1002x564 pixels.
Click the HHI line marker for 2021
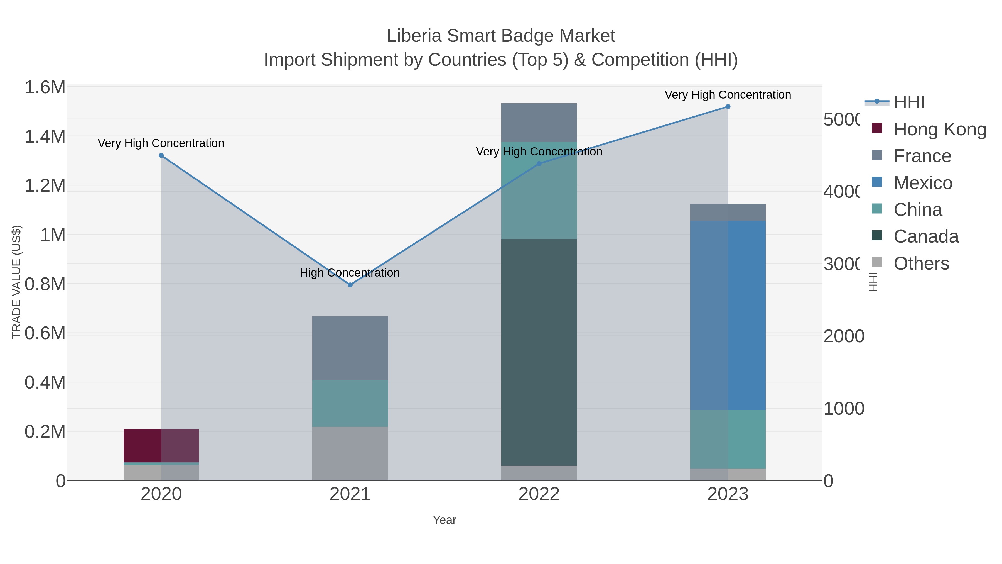(x=350, y=285)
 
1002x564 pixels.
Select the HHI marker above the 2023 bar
(x=728, y=107)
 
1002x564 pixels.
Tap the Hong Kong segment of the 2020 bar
(x=161, y=445)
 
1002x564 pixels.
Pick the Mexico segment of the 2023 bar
(x=728, y=315)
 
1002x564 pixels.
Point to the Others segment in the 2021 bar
(x=350, y=453)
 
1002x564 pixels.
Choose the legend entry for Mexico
(x=923, y=183)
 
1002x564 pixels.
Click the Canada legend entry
(x=926, y=237)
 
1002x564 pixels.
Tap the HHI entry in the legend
(x=909, y=102)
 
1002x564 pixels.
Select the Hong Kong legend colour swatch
(x=877, y=128)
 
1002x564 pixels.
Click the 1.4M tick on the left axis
(x=45, y=137)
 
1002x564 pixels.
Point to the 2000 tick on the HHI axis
(x=844, y=336)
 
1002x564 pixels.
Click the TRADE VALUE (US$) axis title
(x=16, y=282)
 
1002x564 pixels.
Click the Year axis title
(x=444, y=520)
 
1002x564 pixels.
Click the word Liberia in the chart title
(x=414, y=36)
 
